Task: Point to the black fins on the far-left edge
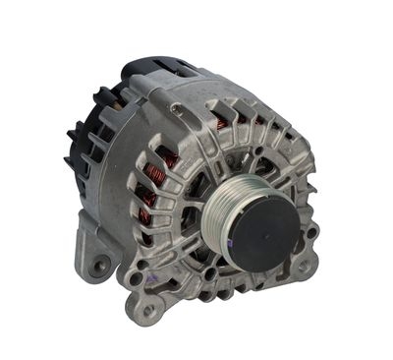point(75,148)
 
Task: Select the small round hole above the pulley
point(227,153)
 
